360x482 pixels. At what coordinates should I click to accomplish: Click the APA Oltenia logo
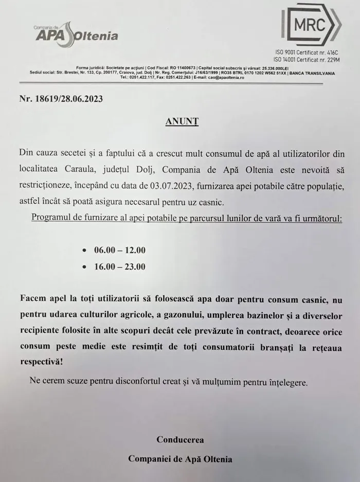pyautogui.click(x=76, y=34)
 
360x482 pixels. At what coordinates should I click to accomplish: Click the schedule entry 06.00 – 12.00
pyautogui.click(x=119, y=251)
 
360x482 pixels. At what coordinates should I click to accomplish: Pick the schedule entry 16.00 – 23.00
pyautogui.click(x=119, y=266)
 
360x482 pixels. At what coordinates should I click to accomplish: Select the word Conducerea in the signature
pyautogui.click(x=180, y=440)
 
